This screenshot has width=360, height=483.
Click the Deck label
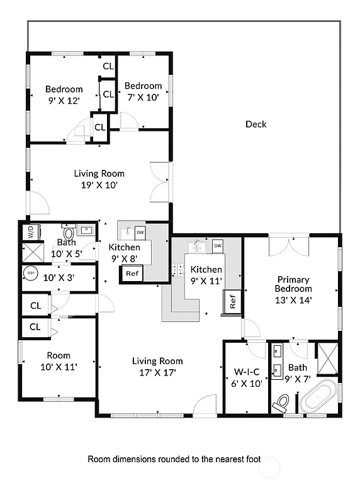pos(256,124)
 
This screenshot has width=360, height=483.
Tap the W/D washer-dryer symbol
pos(30,232)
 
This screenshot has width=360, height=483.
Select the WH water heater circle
pos(30,274)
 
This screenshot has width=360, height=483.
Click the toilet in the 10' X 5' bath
pos(68,233)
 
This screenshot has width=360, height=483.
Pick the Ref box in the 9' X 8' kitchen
pos(132,274)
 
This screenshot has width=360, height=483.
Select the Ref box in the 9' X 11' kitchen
pos(231,302)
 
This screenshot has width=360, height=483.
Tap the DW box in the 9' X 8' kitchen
pos(140,232)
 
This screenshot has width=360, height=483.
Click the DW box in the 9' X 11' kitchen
pos(218,245)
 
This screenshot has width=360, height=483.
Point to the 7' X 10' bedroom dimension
pos(143,97)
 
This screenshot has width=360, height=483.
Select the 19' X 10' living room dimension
pos(99,185)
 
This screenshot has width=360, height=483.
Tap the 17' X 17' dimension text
pos(157,372)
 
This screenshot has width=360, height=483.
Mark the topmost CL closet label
pos(108,66)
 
